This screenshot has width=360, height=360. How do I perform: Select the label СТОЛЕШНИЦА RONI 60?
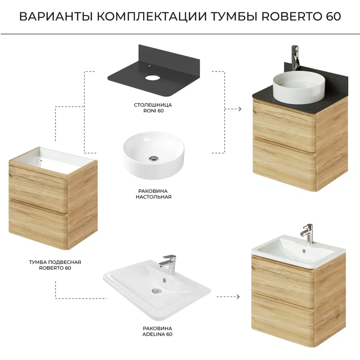tap(153, 108)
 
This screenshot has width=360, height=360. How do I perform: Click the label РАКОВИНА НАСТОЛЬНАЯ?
tap(153, 194)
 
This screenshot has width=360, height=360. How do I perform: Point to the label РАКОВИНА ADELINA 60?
tap(157, 331)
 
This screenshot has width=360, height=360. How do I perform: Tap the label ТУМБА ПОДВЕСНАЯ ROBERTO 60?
tap(55, 265)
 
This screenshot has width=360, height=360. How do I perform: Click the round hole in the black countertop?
tap(151, 78)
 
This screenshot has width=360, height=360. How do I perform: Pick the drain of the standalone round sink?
tap(153, 158)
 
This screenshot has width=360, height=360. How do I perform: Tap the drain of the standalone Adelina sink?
tap(157, 291)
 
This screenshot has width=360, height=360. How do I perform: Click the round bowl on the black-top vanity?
tap(299, 86)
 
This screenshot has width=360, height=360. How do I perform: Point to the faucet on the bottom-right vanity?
tap(307, 234)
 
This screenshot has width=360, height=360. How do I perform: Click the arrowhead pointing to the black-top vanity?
tap(240, 109)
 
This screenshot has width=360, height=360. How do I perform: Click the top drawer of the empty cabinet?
tap(38, 181)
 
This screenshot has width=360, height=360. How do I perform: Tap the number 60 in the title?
tap(333, 16)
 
